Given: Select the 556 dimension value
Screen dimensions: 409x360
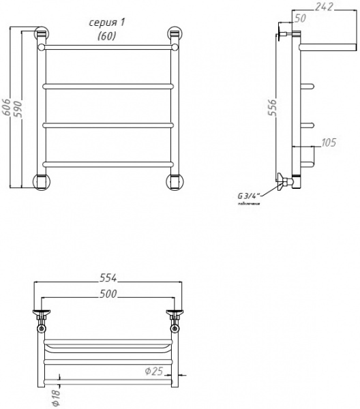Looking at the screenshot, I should (x=271, y=108).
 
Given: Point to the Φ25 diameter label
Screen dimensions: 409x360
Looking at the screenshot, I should (x=153, y=372).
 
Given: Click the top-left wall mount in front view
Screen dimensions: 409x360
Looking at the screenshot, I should (x=42, y=34).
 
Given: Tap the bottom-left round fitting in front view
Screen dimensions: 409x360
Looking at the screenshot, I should (x=42, y=181).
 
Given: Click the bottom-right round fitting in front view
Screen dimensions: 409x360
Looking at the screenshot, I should (x=175, y=181).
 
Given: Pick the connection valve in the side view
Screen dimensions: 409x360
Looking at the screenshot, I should (x=282, y=182).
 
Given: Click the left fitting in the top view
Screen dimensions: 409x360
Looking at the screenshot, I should (x=42, y=317).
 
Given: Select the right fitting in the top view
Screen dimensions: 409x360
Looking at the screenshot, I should (x=175, y=317).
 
